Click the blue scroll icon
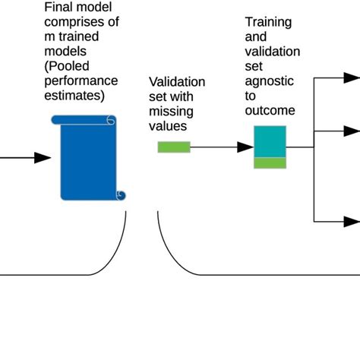coord(87,157)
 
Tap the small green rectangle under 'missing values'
coord(174,147)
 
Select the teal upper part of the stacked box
coord(270,142)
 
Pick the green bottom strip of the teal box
coord(270,163)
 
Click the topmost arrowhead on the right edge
coord(350,77)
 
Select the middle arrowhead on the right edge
coord(350,131)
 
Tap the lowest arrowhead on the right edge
coord(350,221)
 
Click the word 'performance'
coord(81,81)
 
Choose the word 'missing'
coord(169,111)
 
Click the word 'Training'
coord(268,23)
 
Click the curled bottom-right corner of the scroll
coord(120,195)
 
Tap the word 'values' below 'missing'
coord(166,125)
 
